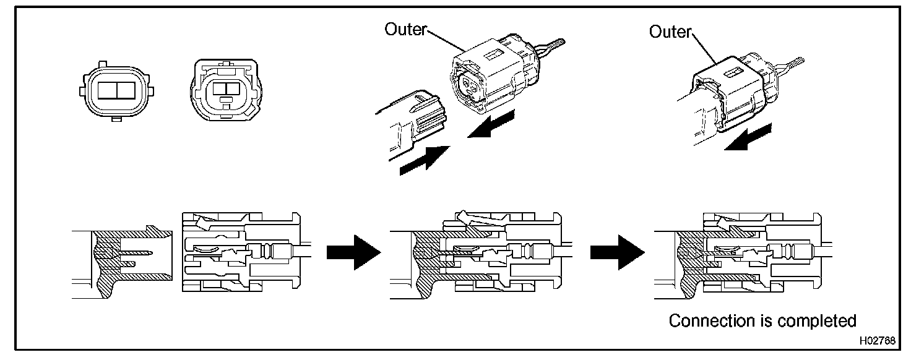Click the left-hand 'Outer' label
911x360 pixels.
click(x=405, y=29)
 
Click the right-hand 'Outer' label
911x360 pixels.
click(x=670, y=32)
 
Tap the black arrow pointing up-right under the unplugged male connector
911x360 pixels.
click(x=425, y=160)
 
